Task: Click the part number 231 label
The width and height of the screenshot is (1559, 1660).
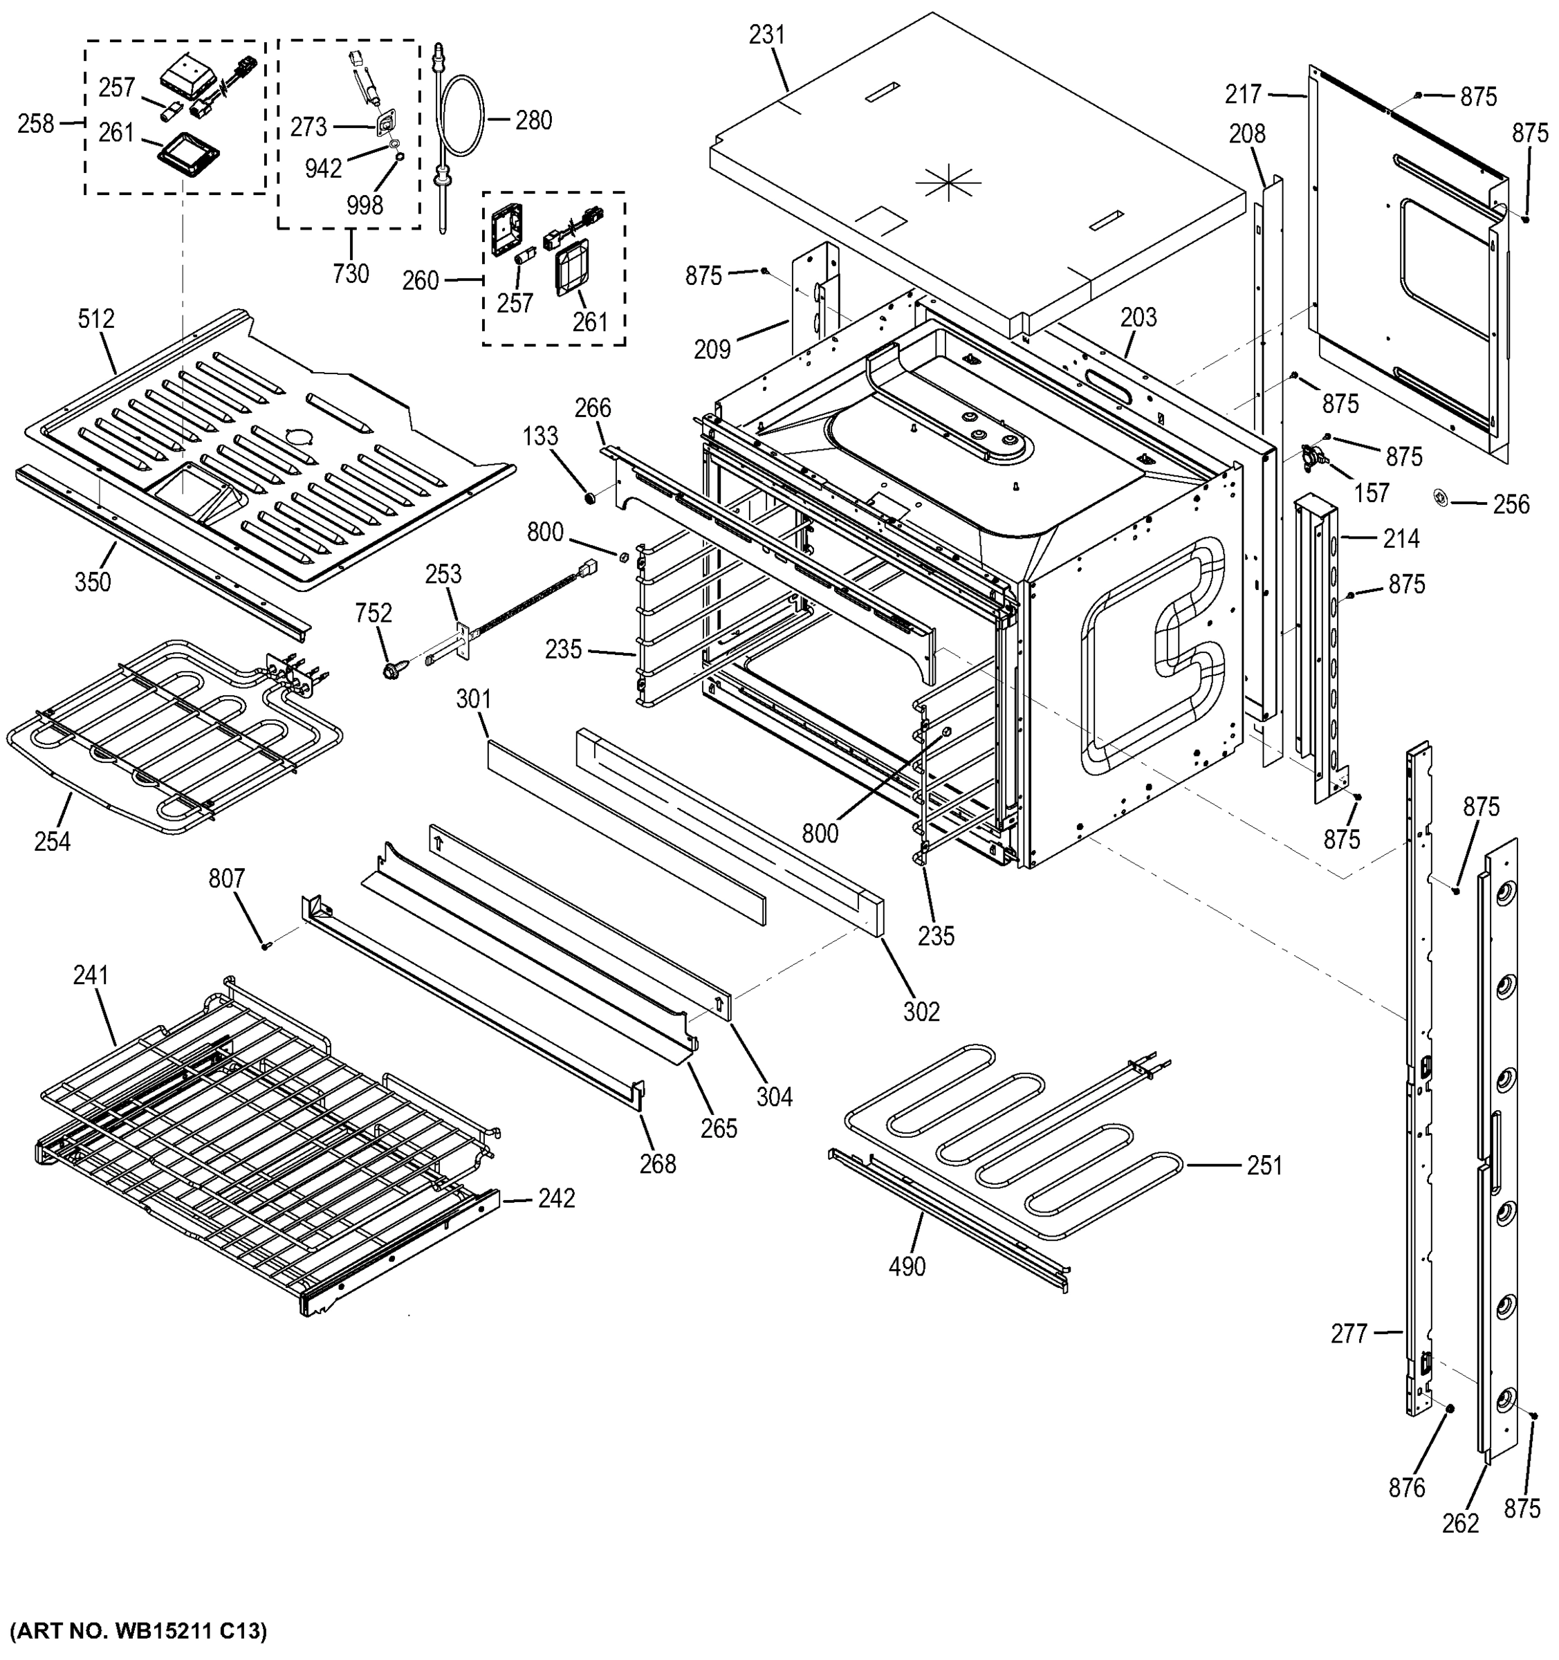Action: tap(766, 35)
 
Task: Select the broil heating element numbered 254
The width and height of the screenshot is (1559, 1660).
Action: tap(167, 735)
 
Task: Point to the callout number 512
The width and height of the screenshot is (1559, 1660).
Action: tap(96, 319)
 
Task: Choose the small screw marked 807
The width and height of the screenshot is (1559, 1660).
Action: tap(266, 946)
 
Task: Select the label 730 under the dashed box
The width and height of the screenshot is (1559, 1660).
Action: tap(351, 274)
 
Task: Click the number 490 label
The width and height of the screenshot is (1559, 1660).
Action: tap(907, 1266)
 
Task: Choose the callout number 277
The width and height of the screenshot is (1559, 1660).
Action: tap(1349, 1334)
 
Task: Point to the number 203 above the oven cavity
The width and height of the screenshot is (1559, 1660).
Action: tap(1138, 317)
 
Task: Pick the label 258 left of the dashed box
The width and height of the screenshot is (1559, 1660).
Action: tap(36, 124)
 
